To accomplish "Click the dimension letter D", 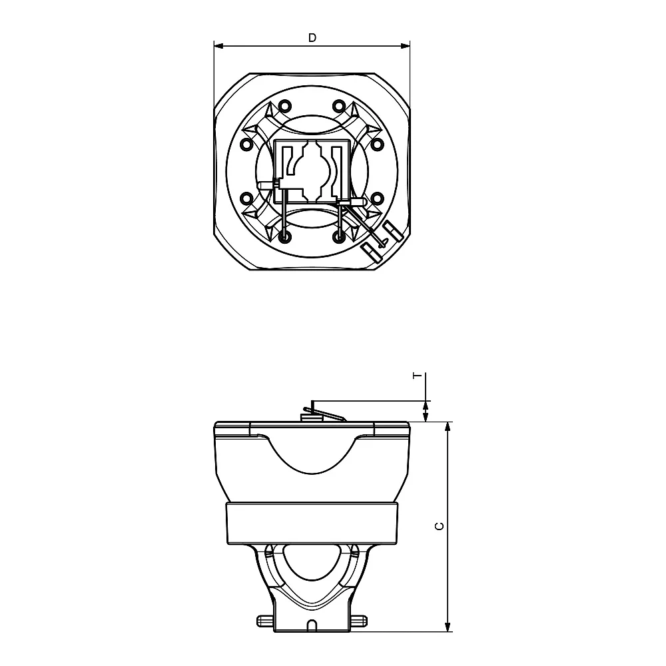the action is tap(312, 38).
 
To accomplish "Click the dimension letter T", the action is tap(418, 376).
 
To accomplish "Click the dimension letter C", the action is tap(440, 526).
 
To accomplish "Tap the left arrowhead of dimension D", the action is tap(218, 45).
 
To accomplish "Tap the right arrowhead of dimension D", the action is tap(405, 45).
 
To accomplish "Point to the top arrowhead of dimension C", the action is tap(448, 428).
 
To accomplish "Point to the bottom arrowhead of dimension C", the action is tap(448, 626).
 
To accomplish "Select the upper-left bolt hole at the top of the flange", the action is tap(285, 105).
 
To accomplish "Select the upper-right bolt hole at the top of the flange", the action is tap(338, 105).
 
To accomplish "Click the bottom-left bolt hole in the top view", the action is tap(285, 237).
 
